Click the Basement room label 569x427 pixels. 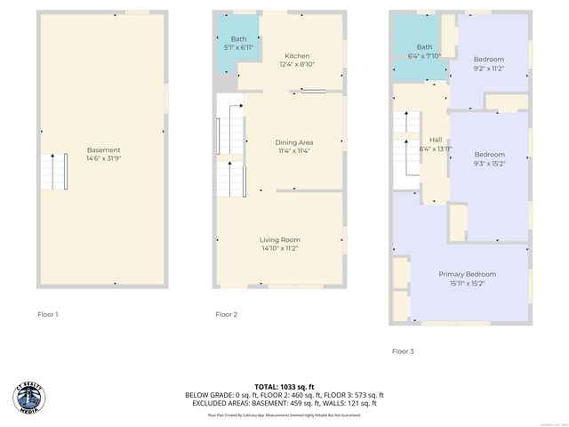[x=103, y=150]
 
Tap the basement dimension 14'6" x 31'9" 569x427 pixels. [x=103, y=160]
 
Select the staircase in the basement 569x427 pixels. [x=53, y=172]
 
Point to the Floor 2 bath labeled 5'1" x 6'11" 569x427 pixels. [x=238, y=43]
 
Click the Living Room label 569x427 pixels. [x=279, y=240]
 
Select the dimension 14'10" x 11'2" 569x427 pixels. [x=279, y=250]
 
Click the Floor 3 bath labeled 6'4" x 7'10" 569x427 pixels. [x=424, y=52]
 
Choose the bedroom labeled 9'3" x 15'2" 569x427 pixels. [x=489, y=158]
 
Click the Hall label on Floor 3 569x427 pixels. [x=436, y=140]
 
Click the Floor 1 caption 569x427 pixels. [x=47, y=314]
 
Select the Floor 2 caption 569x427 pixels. [x=226, y=314]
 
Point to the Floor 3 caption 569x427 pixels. [x=403, y=351]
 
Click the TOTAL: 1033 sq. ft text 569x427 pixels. [x=284, y=387]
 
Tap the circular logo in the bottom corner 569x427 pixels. [x=29, y=399]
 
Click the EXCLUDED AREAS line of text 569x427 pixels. [x=284, y=403]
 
